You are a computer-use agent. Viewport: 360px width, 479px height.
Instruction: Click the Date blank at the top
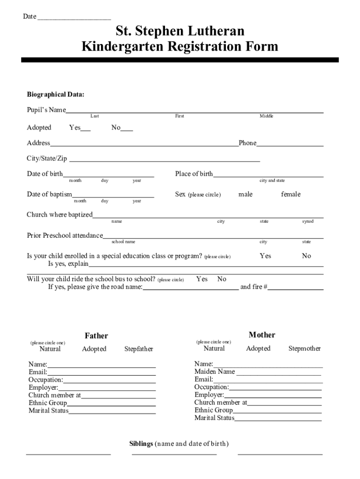[74, 18]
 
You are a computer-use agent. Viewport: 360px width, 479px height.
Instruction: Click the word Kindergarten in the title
[122, 47]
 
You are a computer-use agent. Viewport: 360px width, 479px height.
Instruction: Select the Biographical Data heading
[56, 94]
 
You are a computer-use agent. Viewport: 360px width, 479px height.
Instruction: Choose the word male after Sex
[245, 194]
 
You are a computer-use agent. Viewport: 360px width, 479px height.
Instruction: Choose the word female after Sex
[290, 194]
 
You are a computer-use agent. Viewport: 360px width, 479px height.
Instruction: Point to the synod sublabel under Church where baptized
[308, 221]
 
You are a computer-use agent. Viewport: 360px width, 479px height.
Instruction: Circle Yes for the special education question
[265, 256]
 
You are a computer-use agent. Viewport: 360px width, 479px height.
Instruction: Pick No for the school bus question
[222, 279]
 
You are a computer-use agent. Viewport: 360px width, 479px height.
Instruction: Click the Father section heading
[96, 335]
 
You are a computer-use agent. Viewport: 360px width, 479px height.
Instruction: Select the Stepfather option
[138, 349]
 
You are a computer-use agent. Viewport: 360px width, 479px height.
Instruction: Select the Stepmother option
[304, 348]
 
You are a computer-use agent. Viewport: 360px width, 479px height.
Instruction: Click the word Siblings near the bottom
[141, 443]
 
